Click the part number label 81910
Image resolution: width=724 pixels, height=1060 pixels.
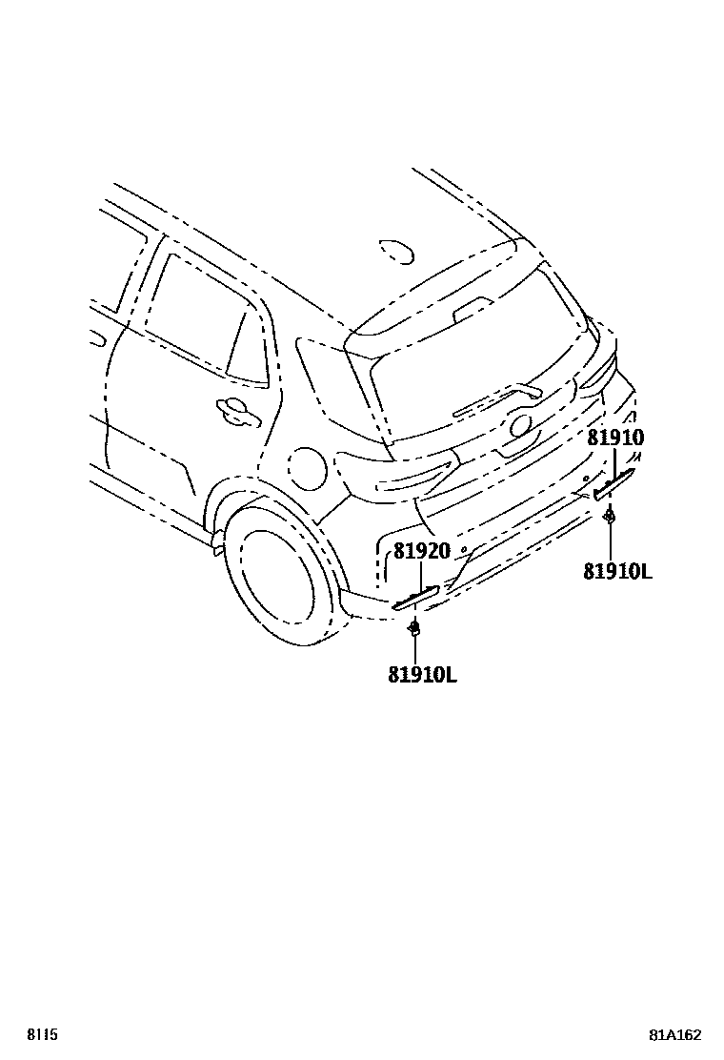(615, 438)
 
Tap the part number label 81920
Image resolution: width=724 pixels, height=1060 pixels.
(422, 551)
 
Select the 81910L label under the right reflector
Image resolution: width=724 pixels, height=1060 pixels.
(617, 571)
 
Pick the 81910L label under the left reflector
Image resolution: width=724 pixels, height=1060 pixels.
(422, 674)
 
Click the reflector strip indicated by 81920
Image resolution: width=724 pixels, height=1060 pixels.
(416, 597)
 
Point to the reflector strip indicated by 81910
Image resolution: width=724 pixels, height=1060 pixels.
(614, 484)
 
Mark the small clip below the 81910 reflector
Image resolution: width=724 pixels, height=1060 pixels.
(608, 518)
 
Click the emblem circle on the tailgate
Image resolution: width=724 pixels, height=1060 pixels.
(520, 426)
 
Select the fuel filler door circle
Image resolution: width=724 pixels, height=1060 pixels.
(308, 468)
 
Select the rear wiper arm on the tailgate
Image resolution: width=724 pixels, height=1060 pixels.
(495, 399)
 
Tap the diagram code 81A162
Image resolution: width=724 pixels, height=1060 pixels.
(675, 1034)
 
